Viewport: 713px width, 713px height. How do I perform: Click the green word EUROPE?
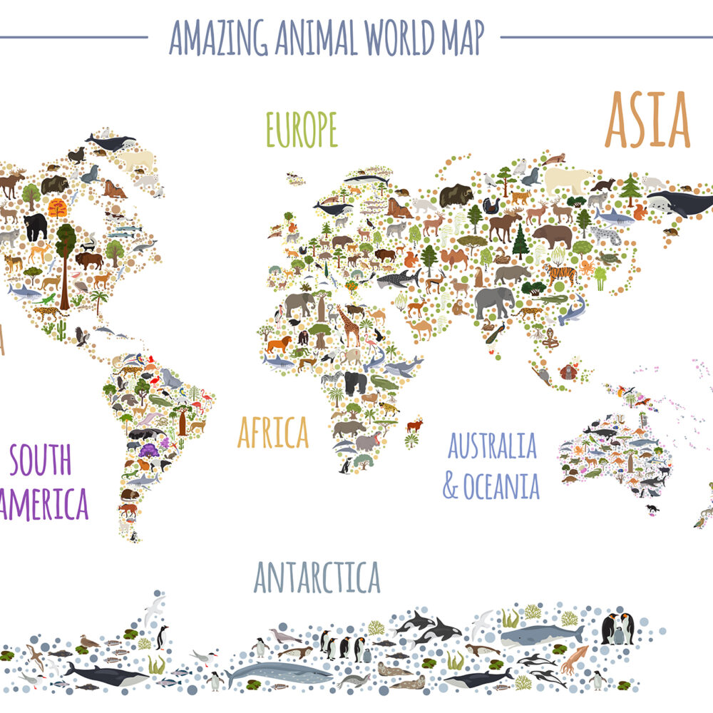coord(301,130)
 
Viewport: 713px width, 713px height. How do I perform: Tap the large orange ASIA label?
coord(647,120)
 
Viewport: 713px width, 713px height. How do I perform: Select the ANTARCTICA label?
coord(317,577)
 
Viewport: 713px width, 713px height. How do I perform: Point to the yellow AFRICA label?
coord(273,432)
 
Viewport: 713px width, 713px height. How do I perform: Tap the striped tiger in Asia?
coord(559,272)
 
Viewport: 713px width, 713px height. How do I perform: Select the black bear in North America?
coord(35,227)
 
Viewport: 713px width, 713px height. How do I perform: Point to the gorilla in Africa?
coord(355,382)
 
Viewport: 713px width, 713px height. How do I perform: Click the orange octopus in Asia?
coord(586,268)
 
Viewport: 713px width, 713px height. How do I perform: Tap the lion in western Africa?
coord(278,345)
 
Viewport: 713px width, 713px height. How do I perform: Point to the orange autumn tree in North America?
coord(57,208)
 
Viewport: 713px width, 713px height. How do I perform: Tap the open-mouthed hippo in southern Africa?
coord(368,441)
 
